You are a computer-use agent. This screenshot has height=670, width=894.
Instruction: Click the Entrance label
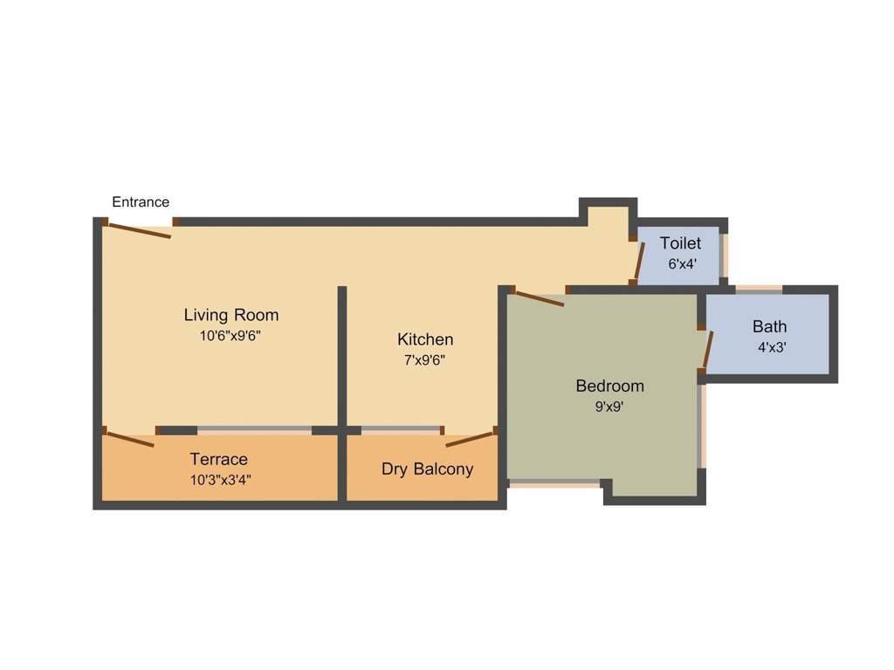click(x=141, y=202)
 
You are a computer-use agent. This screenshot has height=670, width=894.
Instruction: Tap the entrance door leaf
click(x=140, y=230)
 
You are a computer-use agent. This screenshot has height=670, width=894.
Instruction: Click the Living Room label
click(x=230, y=315)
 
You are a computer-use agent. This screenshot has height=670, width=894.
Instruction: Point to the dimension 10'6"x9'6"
click(x=230, y=336)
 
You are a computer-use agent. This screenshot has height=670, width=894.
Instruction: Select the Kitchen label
click(x=425, y=339)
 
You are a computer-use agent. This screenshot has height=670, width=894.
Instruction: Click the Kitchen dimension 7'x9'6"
click(x=425, y=360)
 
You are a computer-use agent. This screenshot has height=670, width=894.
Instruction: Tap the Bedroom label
click(x=610, y=386)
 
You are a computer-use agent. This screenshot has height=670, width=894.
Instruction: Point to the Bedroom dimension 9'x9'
click(x=609, y=407)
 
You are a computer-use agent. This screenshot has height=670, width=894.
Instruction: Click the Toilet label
click(x=681, y=244)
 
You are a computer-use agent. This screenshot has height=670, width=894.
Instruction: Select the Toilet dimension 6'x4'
click(x=683, y=264)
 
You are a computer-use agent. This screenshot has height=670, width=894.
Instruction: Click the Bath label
click(x=770, y=327)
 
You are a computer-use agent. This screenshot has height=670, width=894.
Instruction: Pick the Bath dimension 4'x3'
click(x=772, y=347)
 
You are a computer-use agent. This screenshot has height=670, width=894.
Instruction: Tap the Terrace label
click(x=218, y=459)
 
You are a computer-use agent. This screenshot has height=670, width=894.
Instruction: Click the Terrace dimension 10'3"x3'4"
click(x=221, y=480)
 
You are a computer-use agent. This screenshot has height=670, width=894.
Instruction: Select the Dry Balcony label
click(x=428, y=468)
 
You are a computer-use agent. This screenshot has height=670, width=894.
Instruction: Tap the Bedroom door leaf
click(x=540, y=299)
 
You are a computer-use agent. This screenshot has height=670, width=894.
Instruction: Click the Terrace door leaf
click(x=131, y=440)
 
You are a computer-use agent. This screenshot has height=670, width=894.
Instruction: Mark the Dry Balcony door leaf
click(x=469, y=440)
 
